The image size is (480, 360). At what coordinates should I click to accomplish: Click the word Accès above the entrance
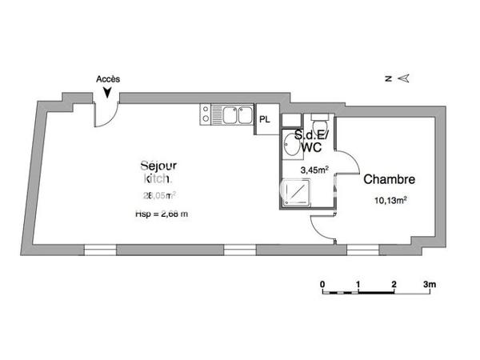point(108,79)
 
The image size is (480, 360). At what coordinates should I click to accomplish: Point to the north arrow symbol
point(404,78)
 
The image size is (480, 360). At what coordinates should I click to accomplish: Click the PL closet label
point(265,119)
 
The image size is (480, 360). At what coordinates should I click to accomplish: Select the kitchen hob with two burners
point(206,116)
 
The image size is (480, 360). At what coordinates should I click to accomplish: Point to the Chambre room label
point(389,180)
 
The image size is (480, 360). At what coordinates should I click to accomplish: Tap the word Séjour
point(158,166)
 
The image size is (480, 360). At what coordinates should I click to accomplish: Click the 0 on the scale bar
point(322,284)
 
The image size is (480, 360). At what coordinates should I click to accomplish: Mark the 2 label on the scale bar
point(394,284)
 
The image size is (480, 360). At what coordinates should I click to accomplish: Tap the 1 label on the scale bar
point(358,284)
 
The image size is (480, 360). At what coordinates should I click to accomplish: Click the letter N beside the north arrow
point(386,78)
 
